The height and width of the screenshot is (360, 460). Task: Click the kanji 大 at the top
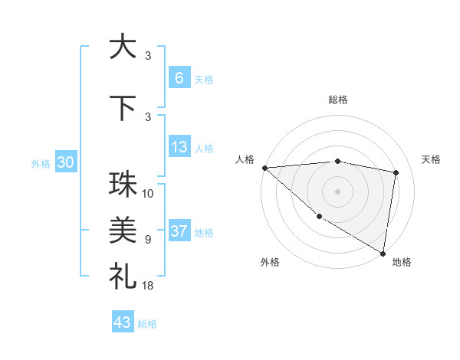123,47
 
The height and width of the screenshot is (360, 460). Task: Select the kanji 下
123,108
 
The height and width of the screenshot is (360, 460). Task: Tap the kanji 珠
123,185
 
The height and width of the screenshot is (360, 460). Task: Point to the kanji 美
123,229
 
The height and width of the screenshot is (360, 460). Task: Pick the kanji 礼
123,276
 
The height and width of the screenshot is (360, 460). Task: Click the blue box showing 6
179,78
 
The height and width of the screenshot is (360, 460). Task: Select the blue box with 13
179,147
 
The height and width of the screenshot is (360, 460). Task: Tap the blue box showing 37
179,231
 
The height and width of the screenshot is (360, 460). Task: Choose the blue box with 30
65,162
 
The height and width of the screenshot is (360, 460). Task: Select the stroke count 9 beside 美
148,239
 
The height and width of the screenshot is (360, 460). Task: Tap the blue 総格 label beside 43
147,323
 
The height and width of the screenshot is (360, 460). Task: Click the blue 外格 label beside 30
41,163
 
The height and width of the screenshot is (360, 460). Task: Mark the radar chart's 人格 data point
264,168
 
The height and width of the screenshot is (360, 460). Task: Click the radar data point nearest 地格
383,253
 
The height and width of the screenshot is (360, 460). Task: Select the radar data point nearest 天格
396,172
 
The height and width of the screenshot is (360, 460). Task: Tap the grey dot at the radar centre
337,191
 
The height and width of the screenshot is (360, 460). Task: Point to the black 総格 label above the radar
337,100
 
